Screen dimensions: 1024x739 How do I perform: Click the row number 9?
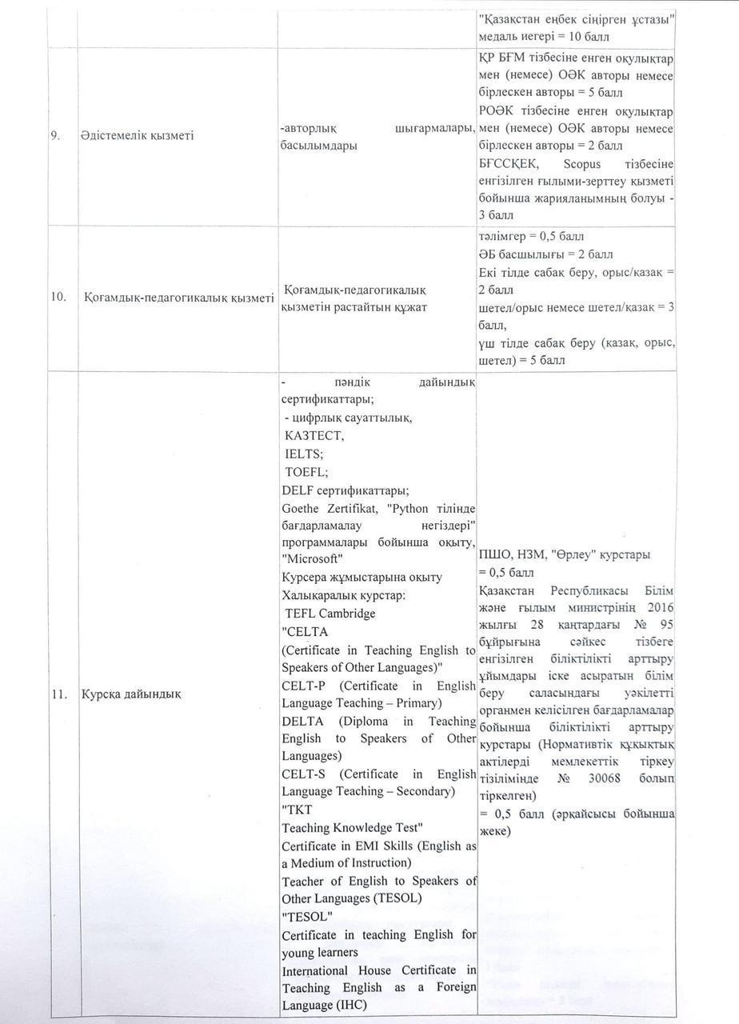tap(57, 135)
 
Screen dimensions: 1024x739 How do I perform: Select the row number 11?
tap(58, 694)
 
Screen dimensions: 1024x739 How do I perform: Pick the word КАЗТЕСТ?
tap(314, 435)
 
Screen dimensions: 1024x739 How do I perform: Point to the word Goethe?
tap(302, 507)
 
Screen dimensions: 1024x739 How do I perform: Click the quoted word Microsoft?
tap(313, 558)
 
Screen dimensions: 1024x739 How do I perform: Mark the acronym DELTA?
tap(302, 721)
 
